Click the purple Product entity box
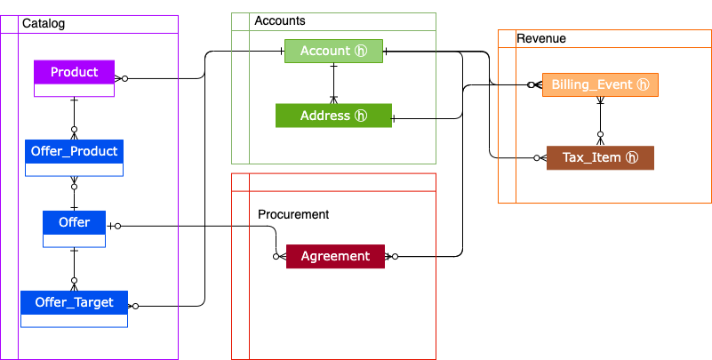[74, 72]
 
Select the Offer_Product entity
[74, 151]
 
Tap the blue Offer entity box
[74, 222]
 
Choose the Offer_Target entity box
[74, 302]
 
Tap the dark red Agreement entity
[334, 256]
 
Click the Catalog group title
[43, 23]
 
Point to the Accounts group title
[280, 20]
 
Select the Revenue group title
[541, 38]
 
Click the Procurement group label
[293, 214]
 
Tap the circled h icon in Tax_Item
[632, 157]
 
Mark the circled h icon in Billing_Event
[644, 84]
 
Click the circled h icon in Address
[361, 116]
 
